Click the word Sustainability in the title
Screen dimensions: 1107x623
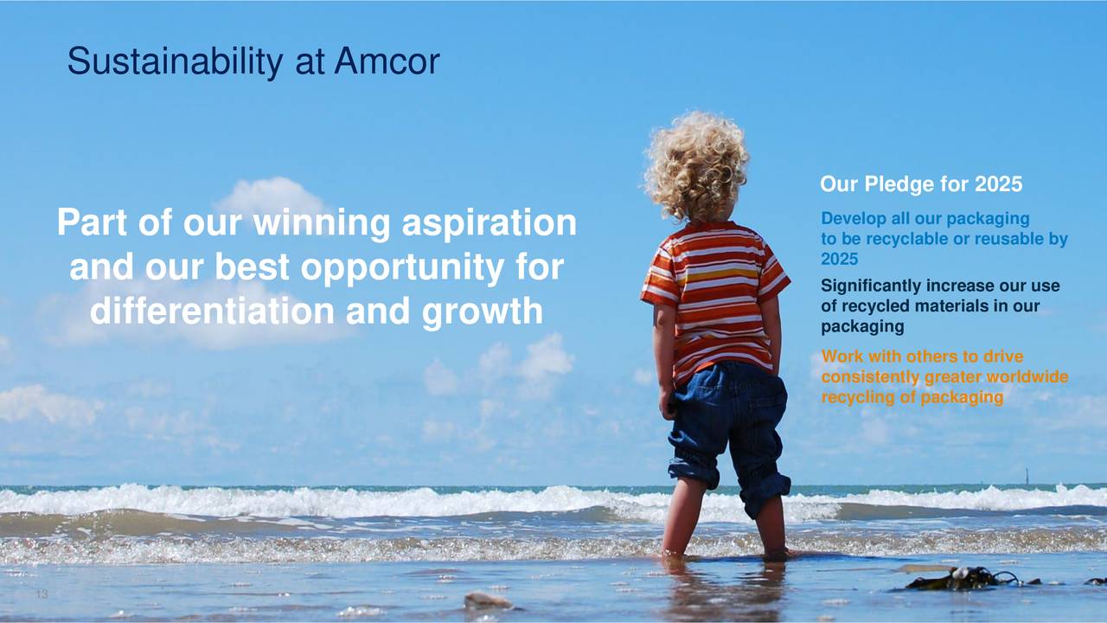(x=176, y=61)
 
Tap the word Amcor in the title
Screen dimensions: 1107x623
(x=387, y=61)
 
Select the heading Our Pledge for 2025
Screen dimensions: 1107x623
(x=921, y=184)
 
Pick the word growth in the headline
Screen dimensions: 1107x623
(x=483, y=311)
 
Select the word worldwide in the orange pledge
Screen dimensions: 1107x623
(x=1027, y=376)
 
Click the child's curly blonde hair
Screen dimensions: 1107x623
(x=697, y=165)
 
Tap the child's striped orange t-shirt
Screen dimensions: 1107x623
(x=715, y=297)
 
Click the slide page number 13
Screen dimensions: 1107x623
(x=42, y=594)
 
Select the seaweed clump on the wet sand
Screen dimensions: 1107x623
(x=963, y=579)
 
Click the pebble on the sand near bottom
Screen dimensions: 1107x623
(x=489, y=601)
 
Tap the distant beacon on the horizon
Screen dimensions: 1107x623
(x=1027, y=476)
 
